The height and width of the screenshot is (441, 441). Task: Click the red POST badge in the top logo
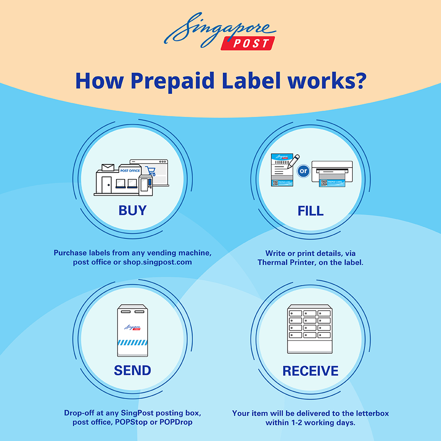pos(248,43)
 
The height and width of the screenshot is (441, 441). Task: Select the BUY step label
pos(132,210)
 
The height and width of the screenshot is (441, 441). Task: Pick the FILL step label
pos(310,211)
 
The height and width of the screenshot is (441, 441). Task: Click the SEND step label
pos(132,370)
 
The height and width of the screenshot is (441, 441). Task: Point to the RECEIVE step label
pos(310,371)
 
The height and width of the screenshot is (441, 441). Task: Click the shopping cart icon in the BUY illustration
pos(151,171)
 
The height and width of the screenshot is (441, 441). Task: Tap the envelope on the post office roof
pos(108,167)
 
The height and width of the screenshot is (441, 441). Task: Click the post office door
pos(107,185)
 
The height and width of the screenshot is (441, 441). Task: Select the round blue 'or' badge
pos(303,171)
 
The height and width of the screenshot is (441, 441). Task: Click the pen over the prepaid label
pos(293,161)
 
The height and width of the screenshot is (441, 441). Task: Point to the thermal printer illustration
pos(332,173)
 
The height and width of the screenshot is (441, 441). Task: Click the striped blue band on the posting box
pos(132,342)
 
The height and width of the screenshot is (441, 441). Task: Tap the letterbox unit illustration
pos(310,329)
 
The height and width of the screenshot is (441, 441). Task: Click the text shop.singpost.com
pos(157,262)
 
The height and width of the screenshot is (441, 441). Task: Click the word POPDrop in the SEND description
pos(176,422)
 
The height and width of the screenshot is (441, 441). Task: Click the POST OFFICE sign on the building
pos(130,171)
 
